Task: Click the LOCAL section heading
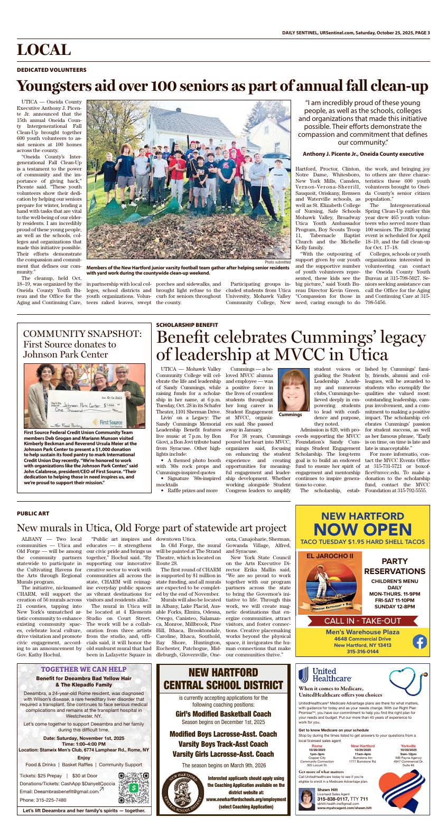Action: coord(44,50)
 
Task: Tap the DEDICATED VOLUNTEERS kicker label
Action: coord(52,70)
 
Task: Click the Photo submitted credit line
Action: coord(277,262)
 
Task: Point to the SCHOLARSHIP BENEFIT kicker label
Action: coord(187,324)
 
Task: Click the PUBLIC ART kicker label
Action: coord(33,513)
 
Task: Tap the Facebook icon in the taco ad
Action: coord(419,642)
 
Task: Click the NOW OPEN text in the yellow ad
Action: coord(362,529)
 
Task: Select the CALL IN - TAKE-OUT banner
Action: coord(362,621)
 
